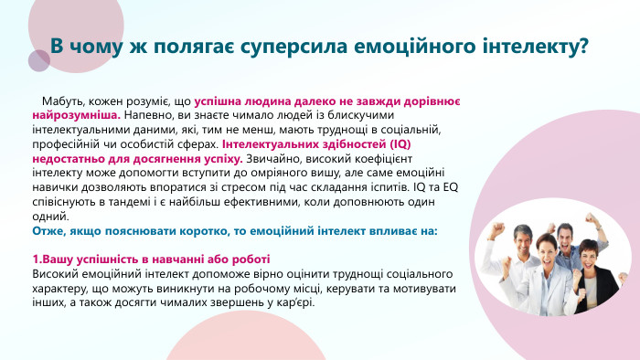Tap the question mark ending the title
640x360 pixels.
pos(581,46)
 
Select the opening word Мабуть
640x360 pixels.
pos(60,104)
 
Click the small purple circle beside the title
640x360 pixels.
pos(38,60)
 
